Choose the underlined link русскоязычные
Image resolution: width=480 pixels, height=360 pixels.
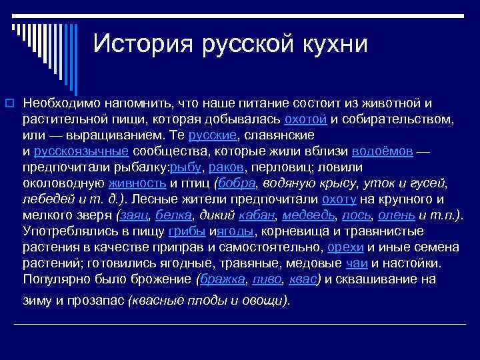[82, 151]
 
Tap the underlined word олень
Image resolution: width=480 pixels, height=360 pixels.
[397, 215]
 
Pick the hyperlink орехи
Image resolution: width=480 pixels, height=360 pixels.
[343, 247]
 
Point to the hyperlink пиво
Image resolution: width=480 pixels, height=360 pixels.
[262, 279]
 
